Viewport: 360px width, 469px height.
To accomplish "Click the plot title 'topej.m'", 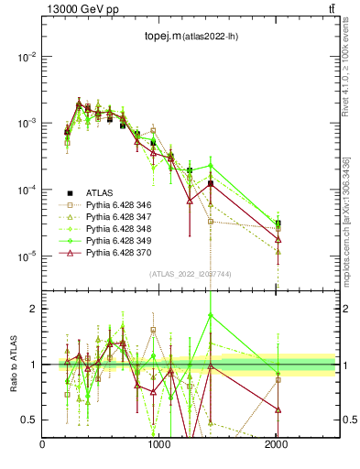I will point(161,37).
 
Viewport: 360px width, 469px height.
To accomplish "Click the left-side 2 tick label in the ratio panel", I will point(34,309).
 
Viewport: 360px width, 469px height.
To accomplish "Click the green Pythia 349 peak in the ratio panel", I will point(211,315).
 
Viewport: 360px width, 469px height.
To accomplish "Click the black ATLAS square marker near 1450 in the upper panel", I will point(211,183).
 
